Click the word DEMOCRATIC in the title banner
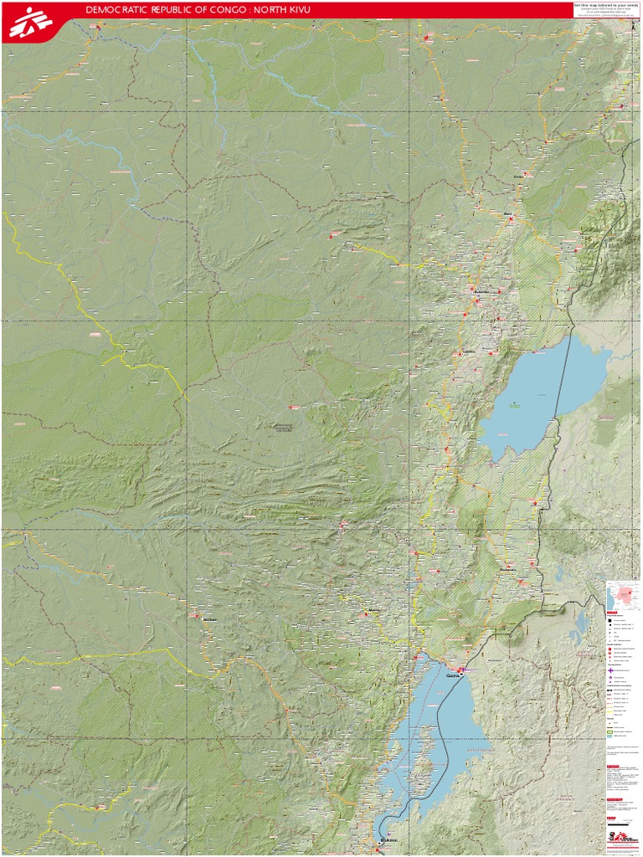117,9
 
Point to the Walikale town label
209,619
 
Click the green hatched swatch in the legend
611,731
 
